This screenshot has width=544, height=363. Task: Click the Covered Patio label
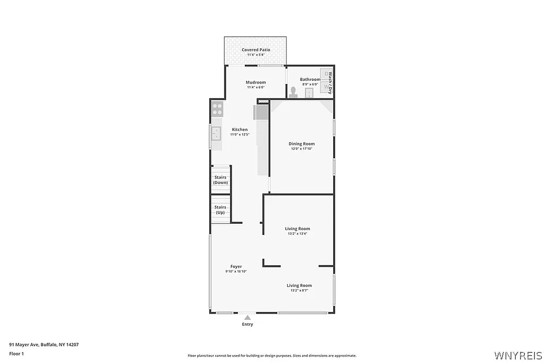pos(256,50)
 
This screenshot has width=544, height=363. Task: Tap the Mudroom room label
pos(256,82)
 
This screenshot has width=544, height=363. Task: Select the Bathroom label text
pos(310,80)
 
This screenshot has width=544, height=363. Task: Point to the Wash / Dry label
pos(330,82)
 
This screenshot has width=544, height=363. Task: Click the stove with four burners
pos(217,109)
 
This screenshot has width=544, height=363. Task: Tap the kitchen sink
pos(216,133)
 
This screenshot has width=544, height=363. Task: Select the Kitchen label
pos(240,130)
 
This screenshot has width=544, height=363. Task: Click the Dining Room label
pos(302,144)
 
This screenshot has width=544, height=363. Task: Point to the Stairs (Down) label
pos(220,180)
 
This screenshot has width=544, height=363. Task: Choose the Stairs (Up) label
pos(220,209)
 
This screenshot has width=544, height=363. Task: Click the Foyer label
pos(236,267)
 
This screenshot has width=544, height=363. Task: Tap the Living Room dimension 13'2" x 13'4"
pos(297,234)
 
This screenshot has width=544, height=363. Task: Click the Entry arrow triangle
pos(247,317)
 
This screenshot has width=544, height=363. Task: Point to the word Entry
pos(248,324)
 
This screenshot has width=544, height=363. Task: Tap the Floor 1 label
pos(16,353)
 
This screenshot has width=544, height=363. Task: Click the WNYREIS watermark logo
pos(518,354)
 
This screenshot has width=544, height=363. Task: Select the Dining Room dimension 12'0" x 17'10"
pos(302,149)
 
